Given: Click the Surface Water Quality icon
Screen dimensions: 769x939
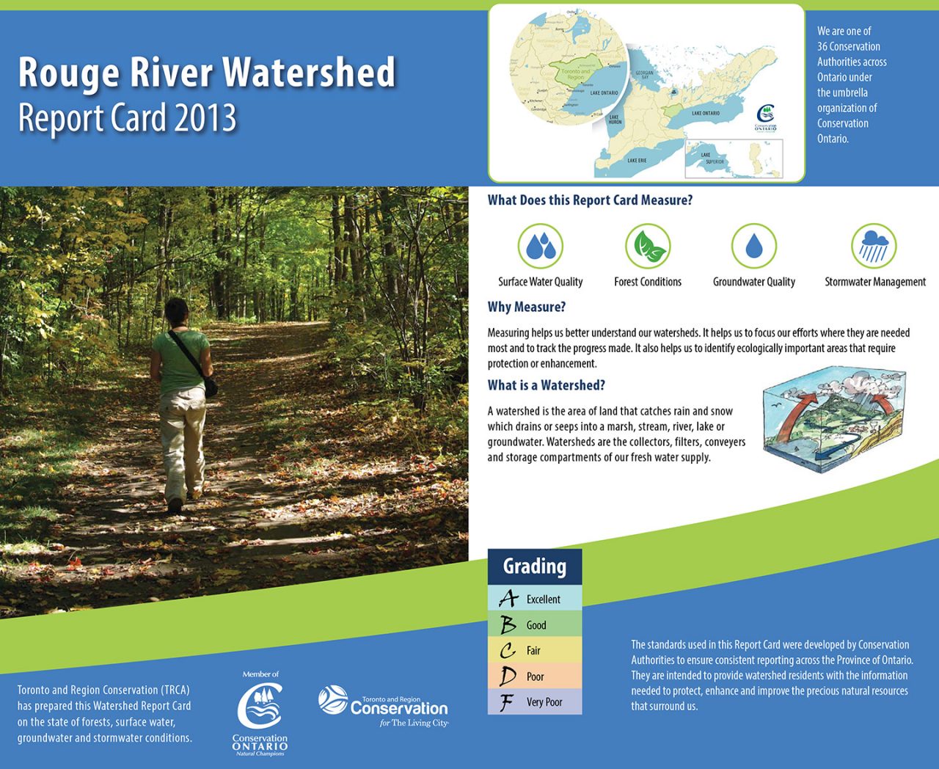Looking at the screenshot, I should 540,246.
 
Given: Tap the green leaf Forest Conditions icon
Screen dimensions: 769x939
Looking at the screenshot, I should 648,246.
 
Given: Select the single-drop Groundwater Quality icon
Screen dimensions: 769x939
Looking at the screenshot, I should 753,246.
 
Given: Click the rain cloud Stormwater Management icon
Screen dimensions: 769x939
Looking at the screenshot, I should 874,246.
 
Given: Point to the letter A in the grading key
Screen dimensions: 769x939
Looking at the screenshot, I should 508,599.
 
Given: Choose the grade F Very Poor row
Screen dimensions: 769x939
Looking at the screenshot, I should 534,702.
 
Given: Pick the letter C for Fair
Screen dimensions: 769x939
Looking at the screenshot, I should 508,651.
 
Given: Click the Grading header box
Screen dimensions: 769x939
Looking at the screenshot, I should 534,566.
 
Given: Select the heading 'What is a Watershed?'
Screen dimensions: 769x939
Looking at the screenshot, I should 546,385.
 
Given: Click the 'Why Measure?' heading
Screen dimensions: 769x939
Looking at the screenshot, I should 526,307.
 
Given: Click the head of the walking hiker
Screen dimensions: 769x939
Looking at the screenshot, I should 178,312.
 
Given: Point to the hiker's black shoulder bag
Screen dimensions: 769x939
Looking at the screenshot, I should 211,386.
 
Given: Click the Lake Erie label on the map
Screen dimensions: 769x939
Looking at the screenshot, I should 636,160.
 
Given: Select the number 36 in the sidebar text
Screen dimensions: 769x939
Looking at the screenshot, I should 823,46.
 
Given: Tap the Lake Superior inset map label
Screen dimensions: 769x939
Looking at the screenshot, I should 711,158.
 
